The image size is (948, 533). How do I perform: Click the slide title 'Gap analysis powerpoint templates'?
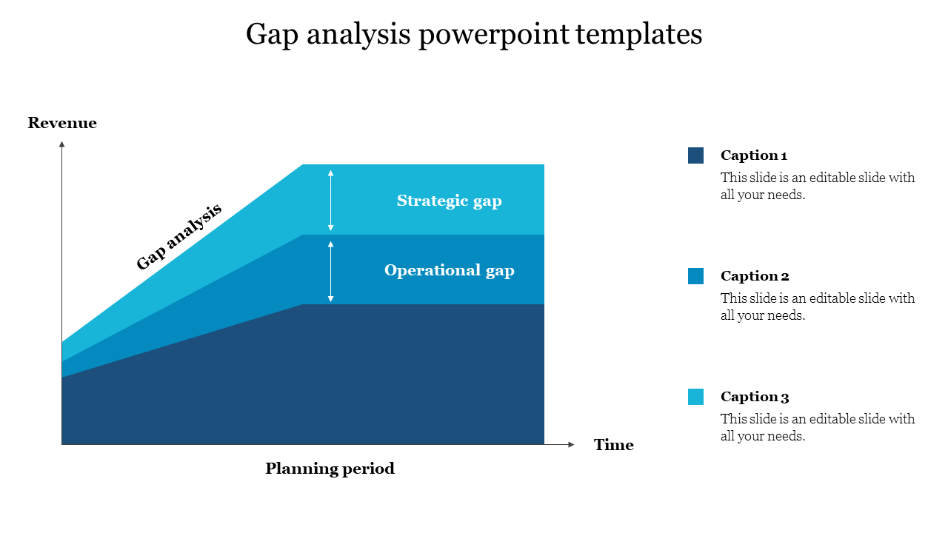coord(474,34)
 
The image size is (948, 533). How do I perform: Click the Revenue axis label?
coord(62,123)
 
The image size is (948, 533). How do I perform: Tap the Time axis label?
coord(613,445)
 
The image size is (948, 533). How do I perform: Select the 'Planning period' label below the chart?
coord(330,469)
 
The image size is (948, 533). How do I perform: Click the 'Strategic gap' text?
coord(449,201)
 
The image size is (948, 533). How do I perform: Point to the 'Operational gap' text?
coord(449,270)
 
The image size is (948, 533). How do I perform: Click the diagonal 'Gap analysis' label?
coord(179,237)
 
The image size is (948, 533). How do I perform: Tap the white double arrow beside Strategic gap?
coord(331,200)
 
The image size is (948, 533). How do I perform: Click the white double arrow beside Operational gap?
coord(331,271)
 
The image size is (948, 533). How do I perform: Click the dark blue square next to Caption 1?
coord(695,155)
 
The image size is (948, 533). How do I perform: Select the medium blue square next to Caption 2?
coord(695,276)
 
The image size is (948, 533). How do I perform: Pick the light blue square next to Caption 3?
coord(695,397)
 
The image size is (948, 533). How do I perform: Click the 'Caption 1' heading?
coord(753,155)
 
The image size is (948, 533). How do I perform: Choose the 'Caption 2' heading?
coord(755,276)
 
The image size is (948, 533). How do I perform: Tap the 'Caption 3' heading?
coord(755,397)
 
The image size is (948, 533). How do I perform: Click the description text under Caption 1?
coord(818,187)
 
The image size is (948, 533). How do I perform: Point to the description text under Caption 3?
coord(818,428)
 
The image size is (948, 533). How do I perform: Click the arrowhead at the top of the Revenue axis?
coord(62,144)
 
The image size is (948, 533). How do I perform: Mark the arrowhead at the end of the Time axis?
coord(570,444)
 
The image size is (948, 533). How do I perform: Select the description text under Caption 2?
coord(818,307)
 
